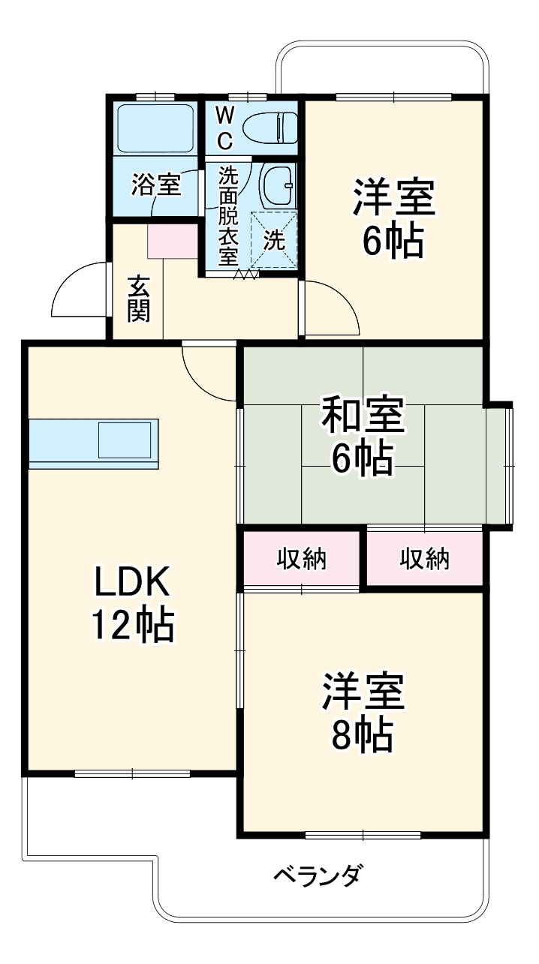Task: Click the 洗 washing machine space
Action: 274,240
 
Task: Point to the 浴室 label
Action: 155,185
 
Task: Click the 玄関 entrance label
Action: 138,299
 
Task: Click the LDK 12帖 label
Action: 133,603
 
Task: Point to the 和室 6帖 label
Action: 363,437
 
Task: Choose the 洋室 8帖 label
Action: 363,713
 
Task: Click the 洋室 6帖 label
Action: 393,218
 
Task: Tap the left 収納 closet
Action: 302,559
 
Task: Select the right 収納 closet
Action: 424,559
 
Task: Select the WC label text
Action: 225,127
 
